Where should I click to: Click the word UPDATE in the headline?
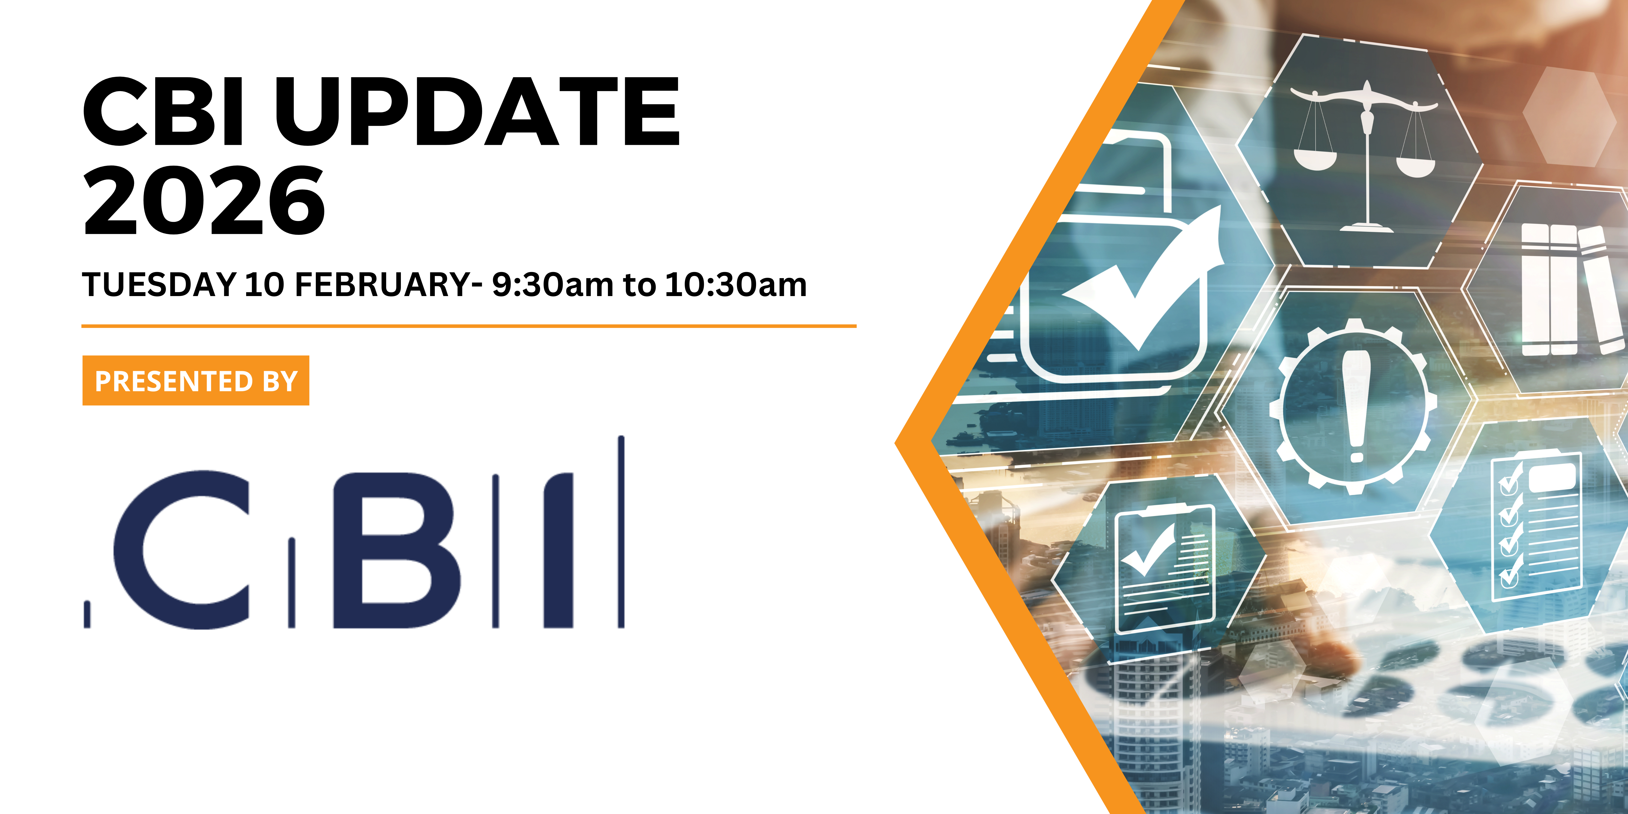477,111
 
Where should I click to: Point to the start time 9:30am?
552,285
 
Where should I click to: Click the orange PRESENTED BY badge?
196,380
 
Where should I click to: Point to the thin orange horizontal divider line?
469,326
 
